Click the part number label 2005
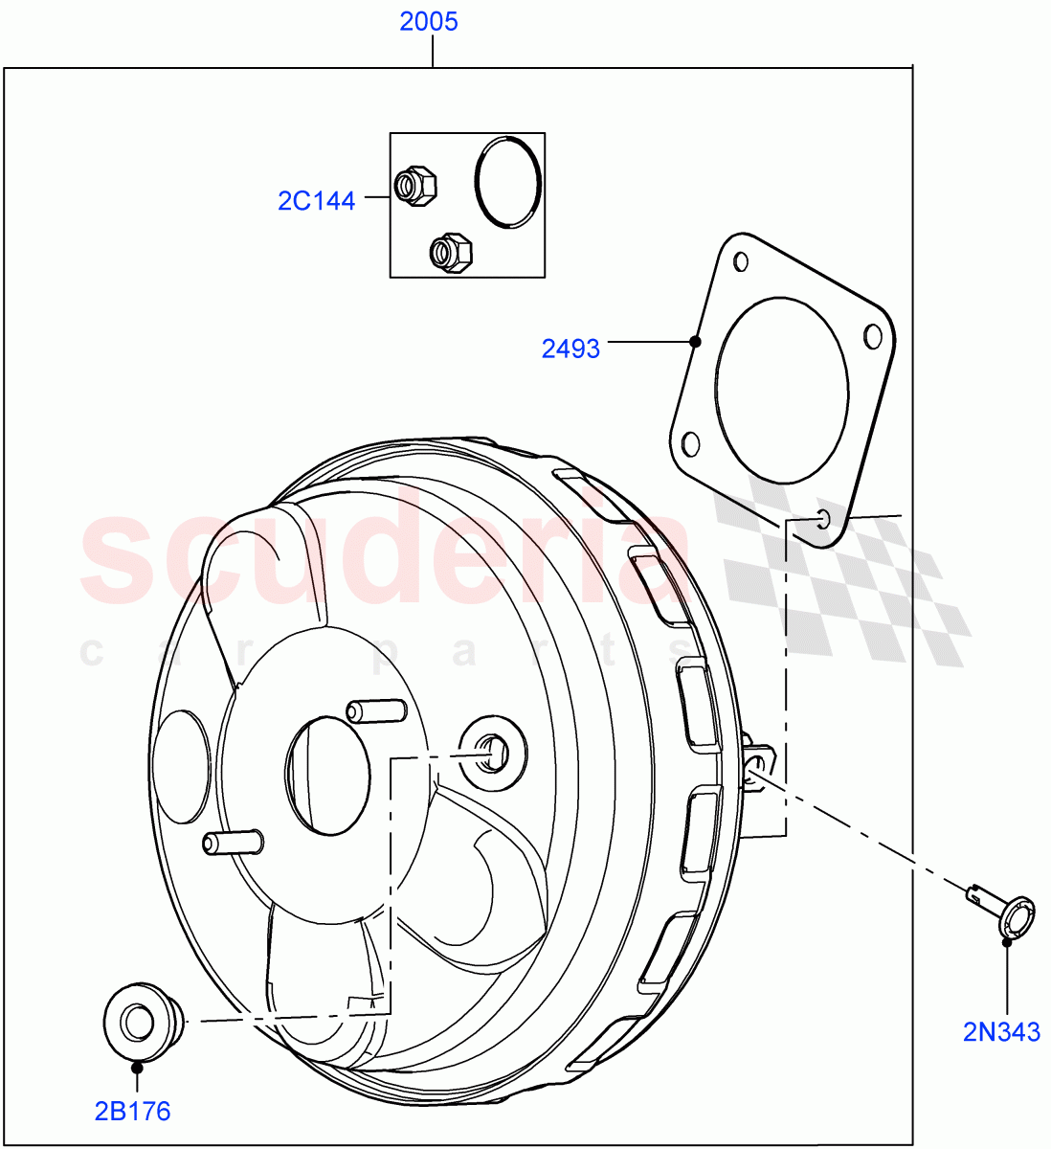[429, 21]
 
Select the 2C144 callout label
[317, 201]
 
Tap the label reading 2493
[570, 349]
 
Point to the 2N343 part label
[1002, 1032]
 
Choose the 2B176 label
[132, 1111]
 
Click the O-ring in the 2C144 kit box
[507, 182]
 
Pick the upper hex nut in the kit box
[415, 184]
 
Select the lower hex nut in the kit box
[448, 253]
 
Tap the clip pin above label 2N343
[1005, 913]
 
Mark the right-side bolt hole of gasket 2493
[872, 336]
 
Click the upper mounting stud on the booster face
[375, 711]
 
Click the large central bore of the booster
[327, 774]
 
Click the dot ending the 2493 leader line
[696, 341]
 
